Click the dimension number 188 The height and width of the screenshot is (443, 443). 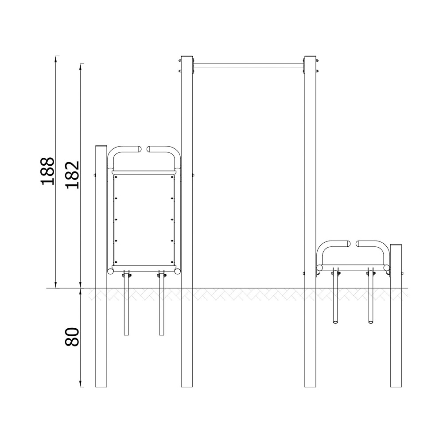pyautogui.click(x=47, y=171)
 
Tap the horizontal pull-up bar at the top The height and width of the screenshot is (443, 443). pyautogui.click(x=249, y=66)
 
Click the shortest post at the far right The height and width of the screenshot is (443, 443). pyautogui.click(x=396, y=315)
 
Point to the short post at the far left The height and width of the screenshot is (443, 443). pyautogui.click(x=101, y=266)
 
